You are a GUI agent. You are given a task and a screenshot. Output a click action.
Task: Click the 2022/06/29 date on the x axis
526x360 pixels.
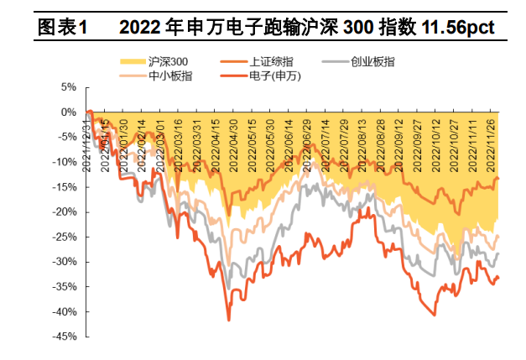306,140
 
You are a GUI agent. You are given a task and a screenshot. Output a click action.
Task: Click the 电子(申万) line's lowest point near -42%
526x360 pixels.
228,320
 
